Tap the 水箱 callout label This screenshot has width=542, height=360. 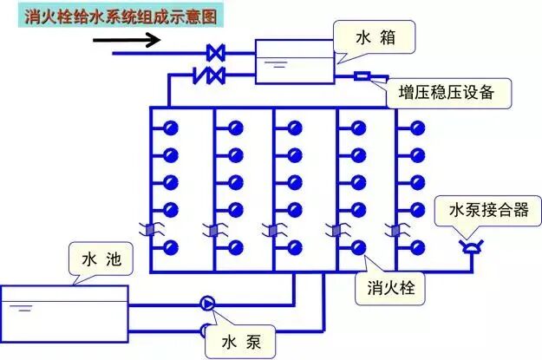point(375,38)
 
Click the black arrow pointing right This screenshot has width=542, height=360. point(139,40)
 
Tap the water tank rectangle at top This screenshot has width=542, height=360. point(293,61)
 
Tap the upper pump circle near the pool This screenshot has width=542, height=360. point(208,303)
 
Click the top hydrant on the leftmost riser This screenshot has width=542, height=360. point(172,128)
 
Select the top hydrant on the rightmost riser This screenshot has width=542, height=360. point(418,128)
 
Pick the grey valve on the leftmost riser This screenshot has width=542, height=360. point(150,231)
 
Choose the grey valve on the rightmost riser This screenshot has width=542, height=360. point(397,231)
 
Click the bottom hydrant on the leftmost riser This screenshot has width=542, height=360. point(172,246)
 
